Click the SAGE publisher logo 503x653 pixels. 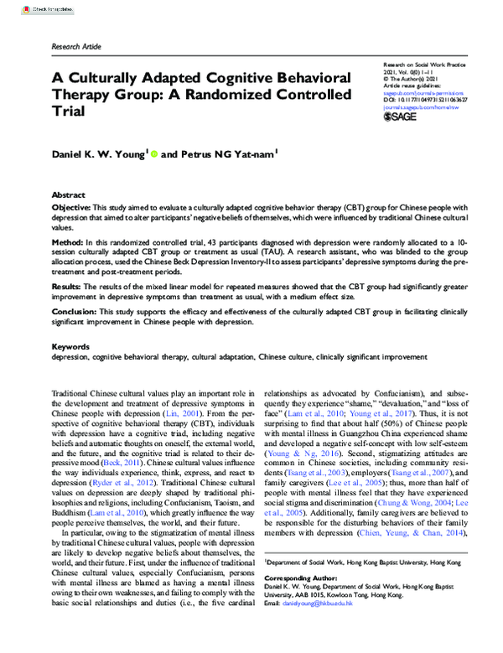coord(399,117)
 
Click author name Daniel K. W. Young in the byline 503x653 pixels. coord(98,154)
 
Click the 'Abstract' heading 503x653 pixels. coord(69,194)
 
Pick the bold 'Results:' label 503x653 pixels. coord(69,286)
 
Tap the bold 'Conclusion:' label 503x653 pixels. coord(75,312)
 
